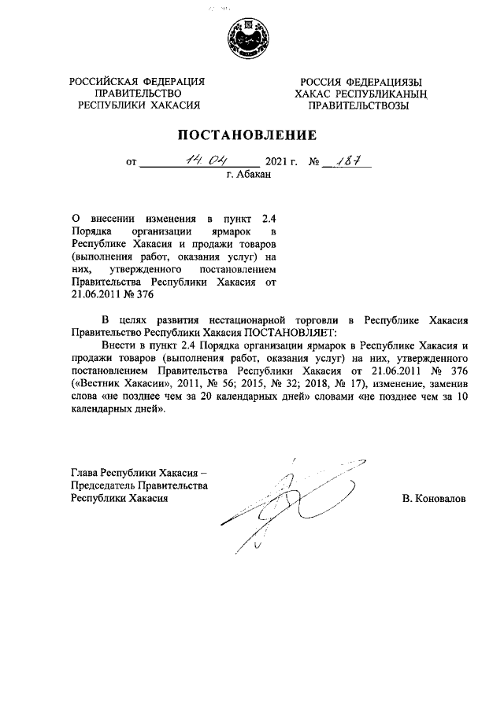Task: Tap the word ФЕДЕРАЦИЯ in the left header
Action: click(x=168, y=81)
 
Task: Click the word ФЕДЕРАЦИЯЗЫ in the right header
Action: click(x=380, y=81)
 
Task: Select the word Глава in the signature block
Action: click(x=84, y=474)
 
